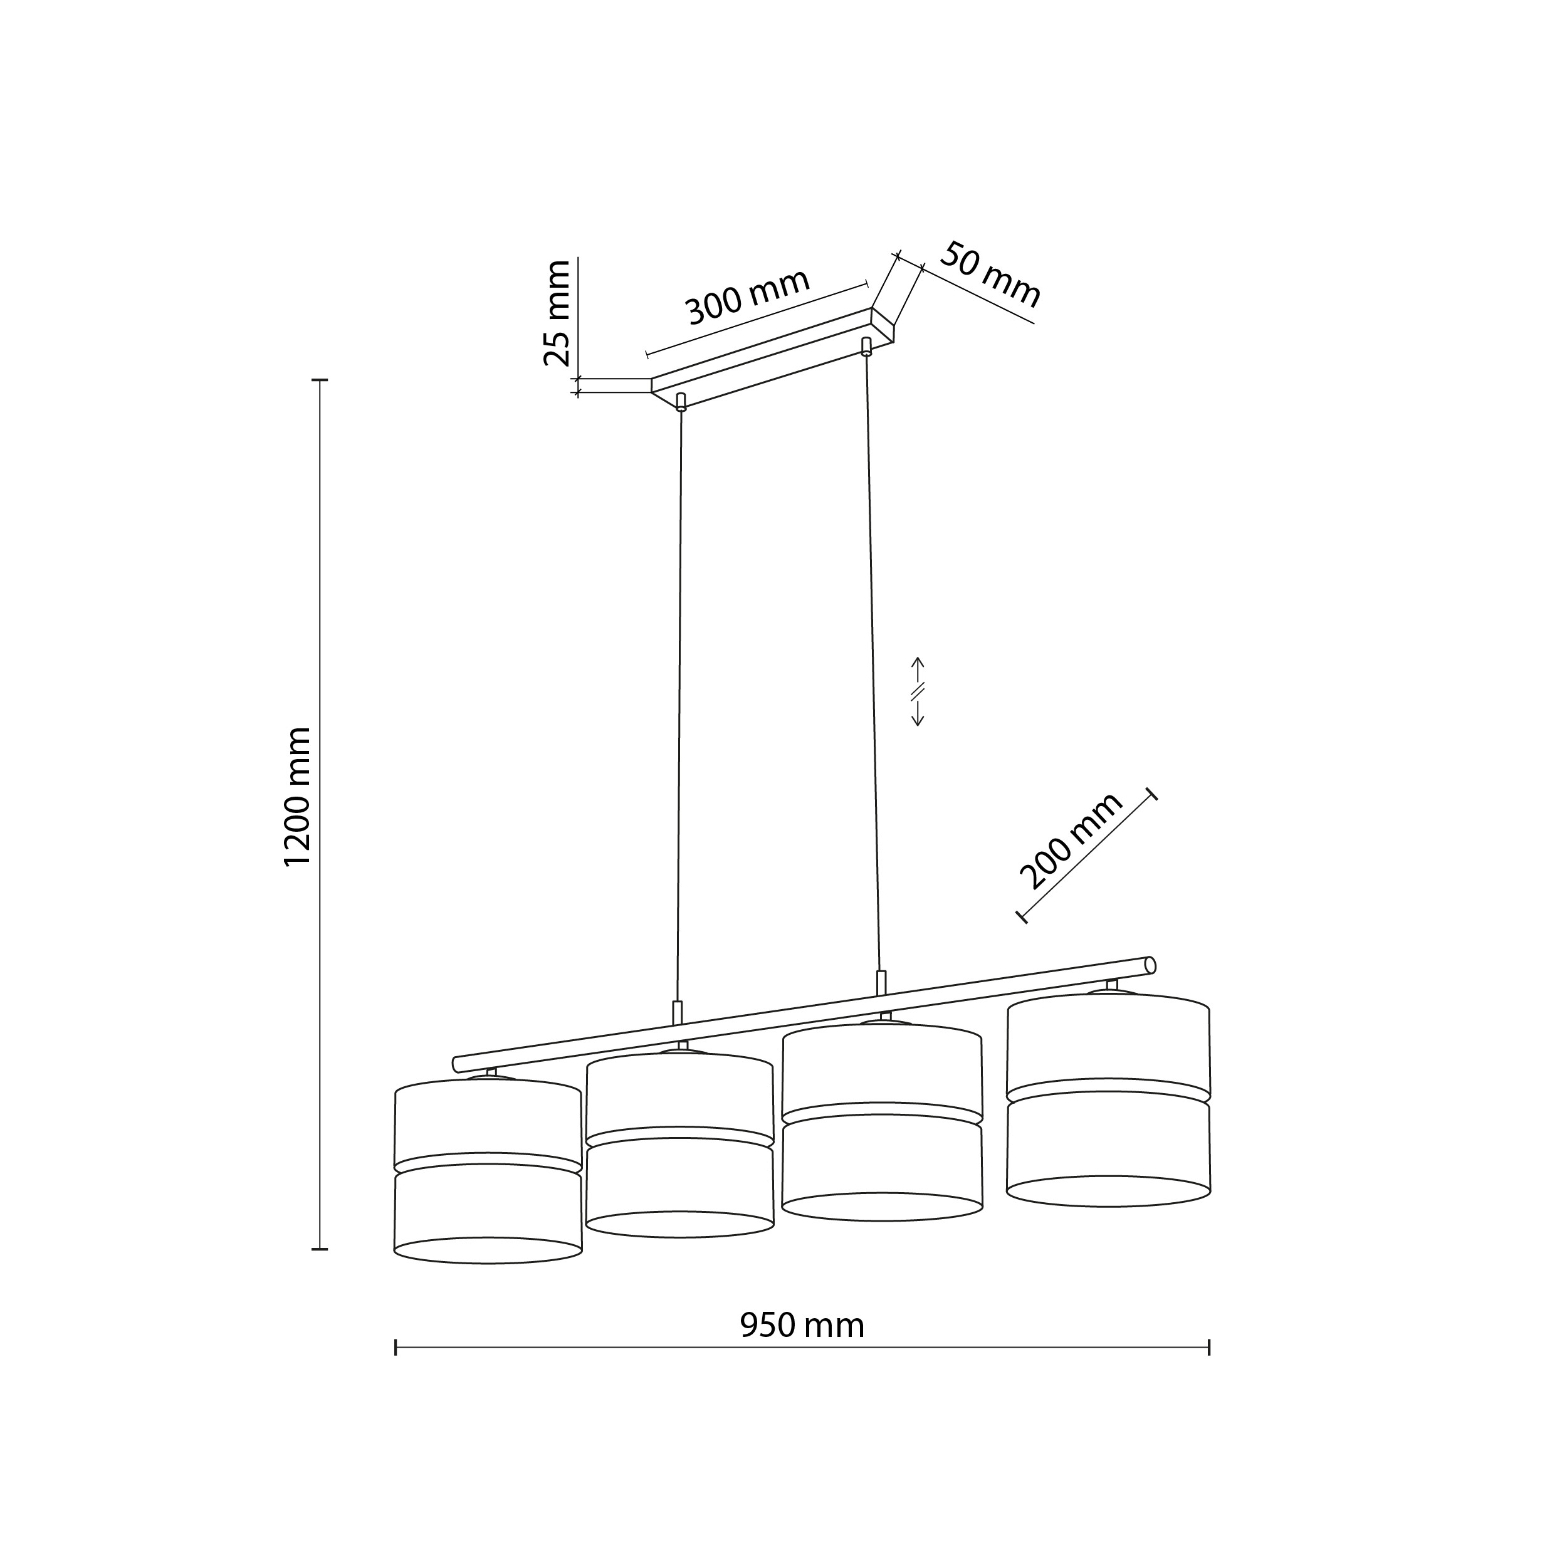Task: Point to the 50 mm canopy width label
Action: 990,274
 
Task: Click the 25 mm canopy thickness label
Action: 557,313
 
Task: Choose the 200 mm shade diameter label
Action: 1071,841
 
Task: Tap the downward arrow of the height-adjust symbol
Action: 918,711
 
